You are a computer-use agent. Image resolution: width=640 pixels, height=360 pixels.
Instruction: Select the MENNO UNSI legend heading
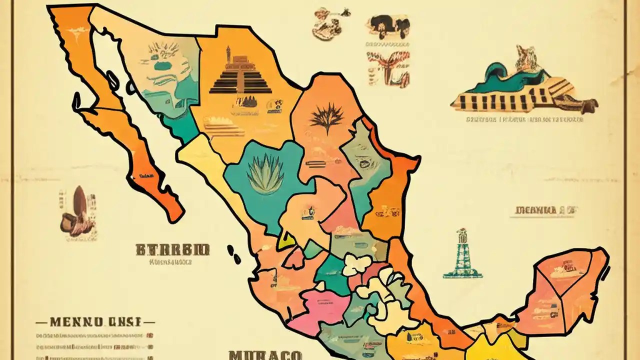pyautogui.click(x=95, y=321)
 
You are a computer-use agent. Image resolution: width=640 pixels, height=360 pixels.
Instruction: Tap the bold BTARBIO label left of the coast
pyautogui.click(x=172, y=248)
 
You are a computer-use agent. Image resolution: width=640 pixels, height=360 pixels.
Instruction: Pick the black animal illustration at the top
pyautogui.click(x=388, y=26)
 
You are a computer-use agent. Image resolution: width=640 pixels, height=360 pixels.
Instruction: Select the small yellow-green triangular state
pyautogui.click(x=287, y=240)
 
